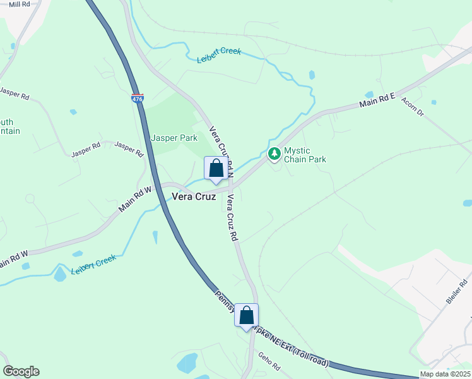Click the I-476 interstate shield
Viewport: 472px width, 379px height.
point(137,99)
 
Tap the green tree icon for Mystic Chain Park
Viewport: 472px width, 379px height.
point(274,153)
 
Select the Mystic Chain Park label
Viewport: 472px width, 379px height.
point(305,155)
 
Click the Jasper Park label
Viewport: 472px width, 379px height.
point(174,138)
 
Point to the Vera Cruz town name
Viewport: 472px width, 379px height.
point(194,197)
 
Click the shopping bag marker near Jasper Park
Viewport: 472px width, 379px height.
point(216,169)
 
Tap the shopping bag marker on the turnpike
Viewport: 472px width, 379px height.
point(247,316)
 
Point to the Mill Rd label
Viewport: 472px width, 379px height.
point(20,4)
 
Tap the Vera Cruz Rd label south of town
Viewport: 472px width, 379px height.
point(232,217)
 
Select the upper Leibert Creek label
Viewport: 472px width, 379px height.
point(219,56)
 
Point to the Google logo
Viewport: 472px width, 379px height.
point(21,371)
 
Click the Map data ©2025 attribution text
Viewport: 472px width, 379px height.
point(445,374)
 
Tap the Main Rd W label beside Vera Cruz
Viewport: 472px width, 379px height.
point(136,198)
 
